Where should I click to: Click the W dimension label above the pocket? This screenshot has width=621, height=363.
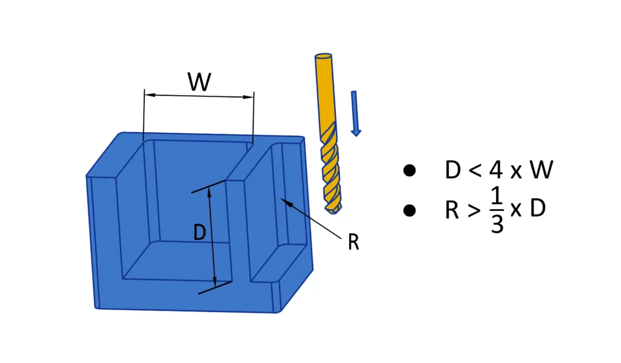pos(200,82)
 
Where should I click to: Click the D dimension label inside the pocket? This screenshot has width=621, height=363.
pos(200,232)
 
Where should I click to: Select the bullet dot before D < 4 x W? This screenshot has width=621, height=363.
pos(409,170)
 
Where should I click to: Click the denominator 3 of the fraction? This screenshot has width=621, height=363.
pos(497,224)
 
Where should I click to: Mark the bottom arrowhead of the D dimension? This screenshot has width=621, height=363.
pos(215,282)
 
